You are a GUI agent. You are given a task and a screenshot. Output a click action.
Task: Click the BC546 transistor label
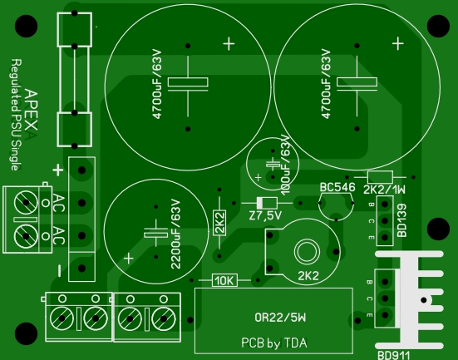tap(337, 187)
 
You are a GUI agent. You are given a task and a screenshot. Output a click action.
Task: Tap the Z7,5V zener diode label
tap(265, 215)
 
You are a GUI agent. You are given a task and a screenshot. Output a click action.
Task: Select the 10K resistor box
tap(224, 280)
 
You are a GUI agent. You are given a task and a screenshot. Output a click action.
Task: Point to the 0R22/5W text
tap(280, 318)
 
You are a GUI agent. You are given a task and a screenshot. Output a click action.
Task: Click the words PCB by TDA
tap(274, 343)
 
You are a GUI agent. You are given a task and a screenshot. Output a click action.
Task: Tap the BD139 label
tap(402, 220)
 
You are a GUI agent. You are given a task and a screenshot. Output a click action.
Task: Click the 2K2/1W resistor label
tap(384, 190)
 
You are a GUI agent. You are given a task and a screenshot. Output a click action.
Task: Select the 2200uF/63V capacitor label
tap(175, 234)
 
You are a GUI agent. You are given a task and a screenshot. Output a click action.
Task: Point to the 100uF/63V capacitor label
tap(286, 165)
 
